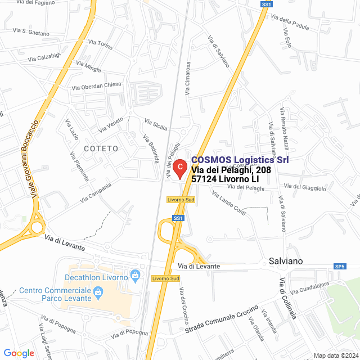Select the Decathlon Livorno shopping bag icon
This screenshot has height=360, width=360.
click(134, 275)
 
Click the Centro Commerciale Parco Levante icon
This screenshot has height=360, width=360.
click(98, 291)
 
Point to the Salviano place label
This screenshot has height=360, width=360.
click(286, 261)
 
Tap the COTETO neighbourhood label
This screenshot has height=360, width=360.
click(101, 148)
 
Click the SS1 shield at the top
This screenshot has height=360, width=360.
click(267, 4)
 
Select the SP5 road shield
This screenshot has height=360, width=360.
click(339, 266)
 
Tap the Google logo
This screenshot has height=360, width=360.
click(19, 353)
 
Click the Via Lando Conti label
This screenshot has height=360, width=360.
click(228, 202)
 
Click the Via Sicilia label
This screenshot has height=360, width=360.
click(156, 124)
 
